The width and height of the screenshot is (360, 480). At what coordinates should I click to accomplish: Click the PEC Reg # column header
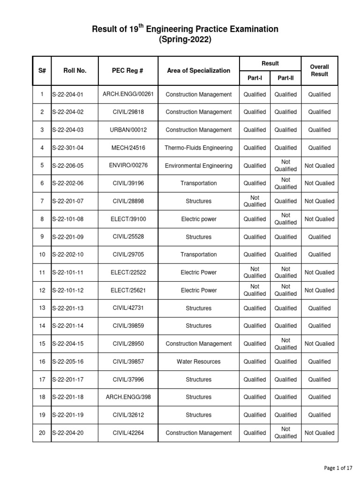128,71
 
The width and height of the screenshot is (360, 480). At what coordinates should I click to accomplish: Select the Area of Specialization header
198,71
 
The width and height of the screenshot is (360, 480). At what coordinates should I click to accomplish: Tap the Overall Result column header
319,71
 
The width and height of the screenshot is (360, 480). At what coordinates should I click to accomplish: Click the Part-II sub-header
285,78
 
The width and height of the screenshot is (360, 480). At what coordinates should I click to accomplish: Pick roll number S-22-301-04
68,148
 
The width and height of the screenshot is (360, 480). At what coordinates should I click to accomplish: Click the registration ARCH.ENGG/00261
128,94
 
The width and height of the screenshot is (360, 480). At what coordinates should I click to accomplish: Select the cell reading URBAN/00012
128,130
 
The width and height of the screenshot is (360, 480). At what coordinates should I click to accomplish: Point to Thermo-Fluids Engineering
198,148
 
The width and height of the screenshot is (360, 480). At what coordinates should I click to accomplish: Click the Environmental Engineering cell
198,165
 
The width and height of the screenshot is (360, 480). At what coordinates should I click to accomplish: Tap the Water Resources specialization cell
198,361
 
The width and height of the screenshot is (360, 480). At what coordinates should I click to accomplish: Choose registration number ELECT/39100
128,219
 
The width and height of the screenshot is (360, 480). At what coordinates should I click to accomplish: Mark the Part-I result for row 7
255,201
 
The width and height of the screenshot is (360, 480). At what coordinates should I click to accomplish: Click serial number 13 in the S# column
42,308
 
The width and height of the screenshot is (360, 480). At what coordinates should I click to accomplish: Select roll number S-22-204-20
68,433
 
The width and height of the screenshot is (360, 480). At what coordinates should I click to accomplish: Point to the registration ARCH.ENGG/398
128,397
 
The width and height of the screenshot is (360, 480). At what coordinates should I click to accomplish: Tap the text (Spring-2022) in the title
185,40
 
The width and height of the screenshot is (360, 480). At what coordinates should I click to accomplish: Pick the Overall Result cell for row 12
319,290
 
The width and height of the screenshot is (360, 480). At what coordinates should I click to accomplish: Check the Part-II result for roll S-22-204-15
285,344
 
